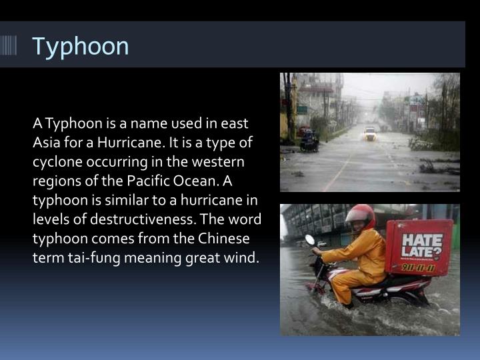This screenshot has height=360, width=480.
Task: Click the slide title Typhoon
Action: coord(81,46)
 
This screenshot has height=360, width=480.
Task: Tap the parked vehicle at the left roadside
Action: coord(309,140)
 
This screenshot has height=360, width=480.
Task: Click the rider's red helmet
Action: coord(360,215)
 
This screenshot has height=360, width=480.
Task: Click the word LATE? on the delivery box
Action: coord(418,253)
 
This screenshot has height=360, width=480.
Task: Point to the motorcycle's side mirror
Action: coord(309,240)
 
